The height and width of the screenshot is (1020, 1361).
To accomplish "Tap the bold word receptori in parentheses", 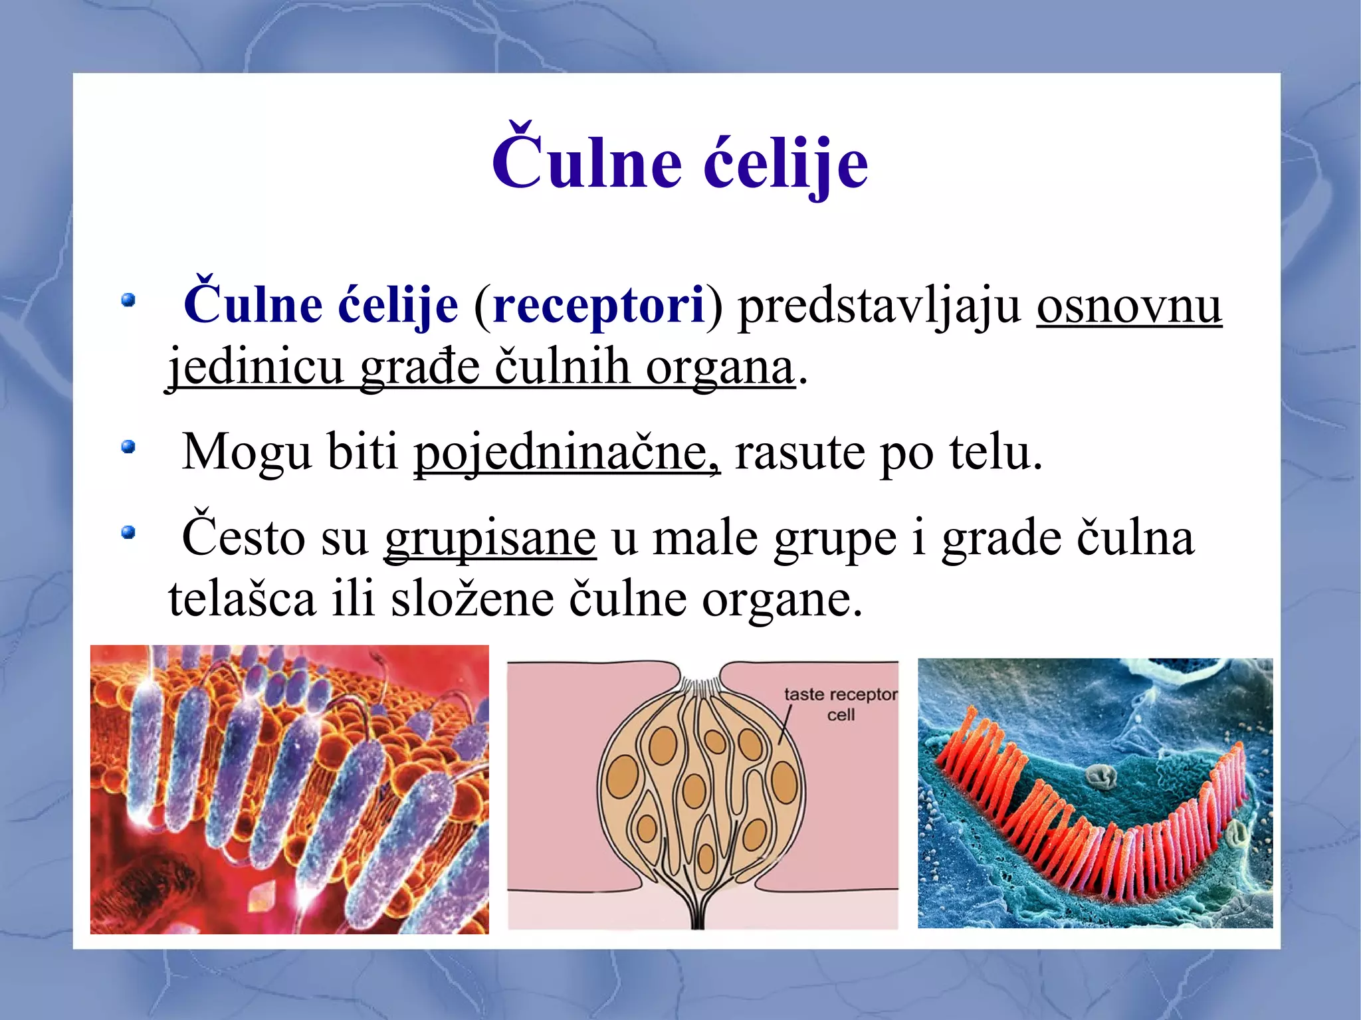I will click(598, 306).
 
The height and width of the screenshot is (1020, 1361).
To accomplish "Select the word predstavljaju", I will click(879, 307).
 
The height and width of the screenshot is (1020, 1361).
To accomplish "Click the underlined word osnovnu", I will click(1128, 307).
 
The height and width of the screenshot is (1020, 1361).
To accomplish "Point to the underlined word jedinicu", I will click(255, 367).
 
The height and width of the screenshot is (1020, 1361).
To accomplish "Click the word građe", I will click(419, 367).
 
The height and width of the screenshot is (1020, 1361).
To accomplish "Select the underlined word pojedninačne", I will click(566, 453).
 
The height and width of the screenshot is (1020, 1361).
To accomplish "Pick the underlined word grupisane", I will click(490, 539).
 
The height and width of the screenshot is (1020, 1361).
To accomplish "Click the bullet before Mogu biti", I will click(128, 447).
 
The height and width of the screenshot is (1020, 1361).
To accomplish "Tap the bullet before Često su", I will click(128, 532).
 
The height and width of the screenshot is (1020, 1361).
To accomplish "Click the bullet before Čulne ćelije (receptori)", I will click(128, 300).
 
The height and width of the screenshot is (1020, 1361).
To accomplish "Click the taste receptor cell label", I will click(840, 704).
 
